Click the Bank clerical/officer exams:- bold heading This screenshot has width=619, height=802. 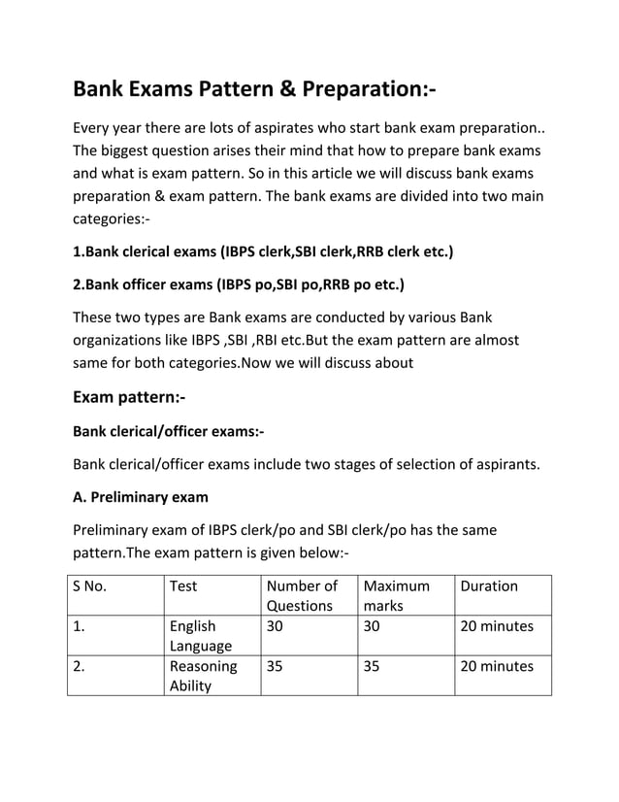[169, 432]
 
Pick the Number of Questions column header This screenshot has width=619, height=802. [302, 595]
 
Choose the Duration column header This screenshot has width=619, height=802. [490, 585]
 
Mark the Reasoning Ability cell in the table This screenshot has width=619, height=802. [203, 677]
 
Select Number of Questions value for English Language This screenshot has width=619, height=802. [276, 626]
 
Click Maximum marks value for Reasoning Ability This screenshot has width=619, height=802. [372, 667]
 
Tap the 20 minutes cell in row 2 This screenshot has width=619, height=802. [497, 667]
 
